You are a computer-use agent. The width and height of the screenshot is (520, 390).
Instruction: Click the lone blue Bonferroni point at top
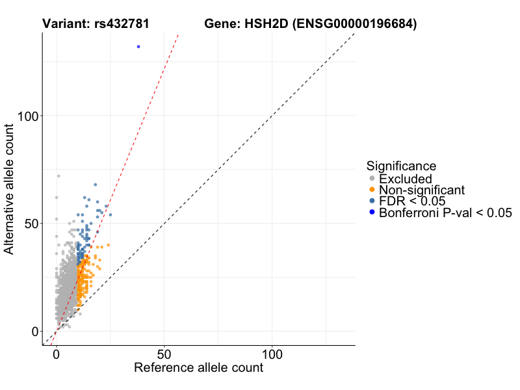pyautogui.click(x=138, y=47)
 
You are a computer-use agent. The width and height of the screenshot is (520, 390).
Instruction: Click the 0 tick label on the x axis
pyautogui.click(x=57, y=355)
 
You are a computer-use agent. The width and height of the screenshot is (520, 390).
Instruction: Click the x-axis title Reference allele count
pyautogui.click(x=198, y=368)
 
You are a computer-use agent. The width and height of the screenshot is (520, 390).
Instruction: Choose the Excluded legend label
pyautogui.click(x=405, y=179)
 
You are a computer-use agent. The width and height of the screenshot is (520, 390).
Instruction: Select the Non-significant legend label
pyautogui.click(x=422, y=190)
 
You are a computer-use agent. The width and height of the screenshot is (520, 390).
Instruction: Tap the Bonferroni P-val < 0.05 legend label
pyautogui.click(x=445, y=213)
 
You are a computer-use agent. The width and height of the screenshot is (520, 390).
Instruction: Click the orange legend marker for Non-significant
pyautogui.click(x=371, y=190)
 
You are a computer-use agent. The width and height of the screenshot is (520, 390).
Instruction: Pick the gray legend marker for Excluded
pyautogui.click(x=371, y=179)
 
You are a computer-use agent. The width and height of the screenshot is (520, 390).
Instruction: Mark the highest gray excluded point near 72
pyautogui.click(x=58, y=176)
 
